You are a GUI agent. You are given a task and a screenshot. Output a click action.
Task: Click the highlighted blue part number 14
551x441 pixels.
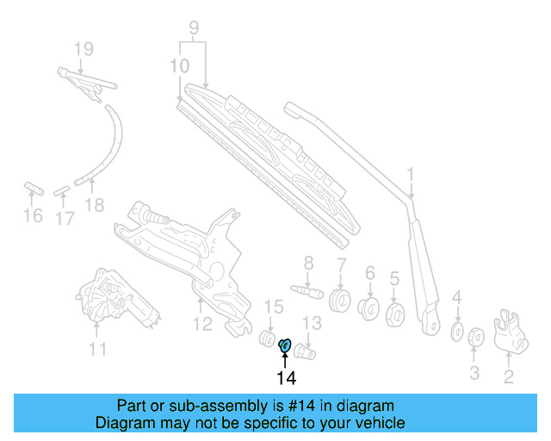pos(285,346)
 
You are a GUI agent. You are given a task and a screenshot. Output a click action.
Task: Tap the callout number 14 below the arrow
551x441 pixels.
pos(286,378)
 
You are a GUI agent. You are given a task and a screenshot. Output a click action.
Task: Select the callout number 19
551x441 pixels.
pos(83,49)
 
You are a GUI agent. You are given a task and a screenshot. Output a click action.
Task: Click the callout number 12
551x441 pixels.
pos(201,325)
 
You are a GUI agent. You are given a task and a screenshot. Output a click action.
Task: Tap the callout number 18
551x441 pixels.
pos(95,205)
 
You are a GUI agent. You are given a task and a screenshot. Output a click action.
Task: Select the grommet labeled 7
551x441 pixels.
pos(340,302)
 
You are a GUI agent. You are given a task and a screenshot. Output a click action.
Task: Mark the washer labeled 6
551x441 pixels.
pos(370,307)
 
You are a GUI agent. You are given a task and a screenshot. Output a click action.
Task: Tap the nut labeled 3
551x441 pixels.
pos(474,339)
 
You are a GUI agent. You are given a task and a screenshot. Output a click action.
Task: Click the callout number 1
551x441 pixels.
pos(412,175)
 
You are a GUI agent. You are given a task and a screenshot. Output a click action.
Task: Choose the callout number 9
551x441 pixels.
pos(195,28)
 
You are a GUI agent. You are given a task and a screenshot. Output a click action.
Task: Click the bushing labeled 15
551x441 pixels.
pos(269,336)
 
